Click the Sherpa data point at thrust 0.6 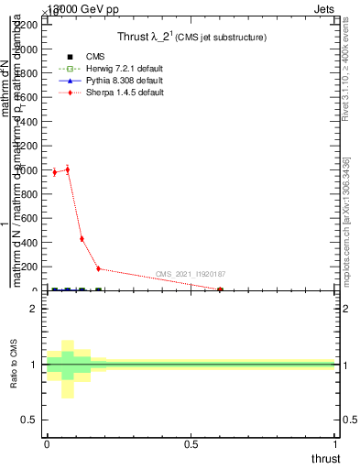[220, 289]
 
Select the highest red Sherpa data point [67, 169]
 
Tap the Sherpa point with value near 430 [82, 239]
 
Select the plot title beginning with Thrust [191, 38]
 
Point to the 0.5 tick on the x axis [191, 444]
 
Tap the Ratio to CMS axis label [14, 365]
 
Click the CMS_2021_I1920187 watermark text [191, 274]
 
